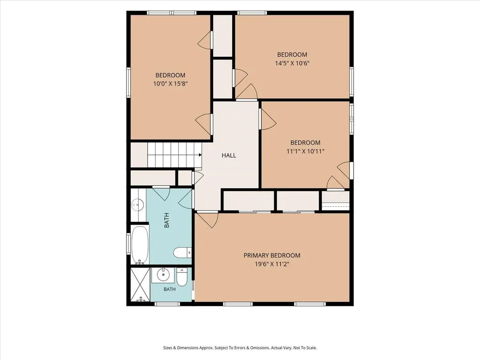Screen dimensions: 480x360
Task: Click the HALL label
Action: pyautogui.click(x=229, y=155)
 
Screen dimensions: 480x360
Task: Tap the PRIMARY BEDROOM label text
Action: pyautogui.click(x=272, y=255)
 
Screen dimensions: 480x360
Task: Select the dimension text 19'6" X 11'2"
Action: pyautogui.click(x=272, y=264)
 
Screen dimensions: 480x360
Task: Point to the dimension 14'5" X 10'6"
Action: pyautogui.click(x=292, y=63)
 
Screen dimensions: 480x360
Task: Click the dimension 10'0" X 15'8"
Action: pyautogui.click(x=170, y=84)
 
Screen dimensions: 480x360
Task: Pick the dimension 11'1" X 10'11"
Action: pyautogui.click(x=305, y=151)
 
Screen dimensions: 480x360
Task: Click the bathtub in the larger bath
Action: pyautogui.click(x=140, y=245)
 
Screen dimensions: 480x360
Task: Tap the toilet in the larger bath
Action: pyautogui.click(x=183, y=253)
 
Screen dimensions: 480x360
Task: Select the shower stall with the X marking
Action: pyautogui.click(x=140, y=285)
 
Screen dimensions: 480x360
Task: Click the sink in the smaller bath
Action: pyautogui.click(x=163, y=275)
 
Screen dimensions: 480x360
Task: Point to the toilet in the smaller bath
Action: pyautogui.click(x=182, y=277)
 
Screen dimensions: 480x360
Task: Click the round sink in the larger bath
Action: pyautogui.click(x=138, y=204)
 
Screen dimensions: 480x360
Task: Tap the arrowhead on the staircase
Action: pyautogui.click(x=200, y=155)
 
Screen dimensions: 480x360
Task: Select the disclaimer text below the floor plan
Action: pyautogui.click(x=240, y=348)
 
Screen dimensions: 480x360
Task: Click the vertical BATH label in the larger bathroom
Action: pyautogui.click(x=167, y=220)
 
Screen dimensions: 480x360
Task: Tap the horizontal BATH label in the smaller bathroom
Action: pyautogui.click(x=170, y=289)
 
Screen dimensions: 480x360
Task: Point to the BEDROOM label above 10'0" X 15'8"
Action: pyautogui.click(x=170, y=75)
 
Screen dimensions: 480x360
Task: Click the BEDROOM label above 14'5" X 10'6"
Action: pyautogui.click(x=292, y=55)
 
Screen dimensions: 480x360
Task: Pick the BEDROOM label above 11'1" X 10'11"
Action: pyautogui.click(x=305, y=143)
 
